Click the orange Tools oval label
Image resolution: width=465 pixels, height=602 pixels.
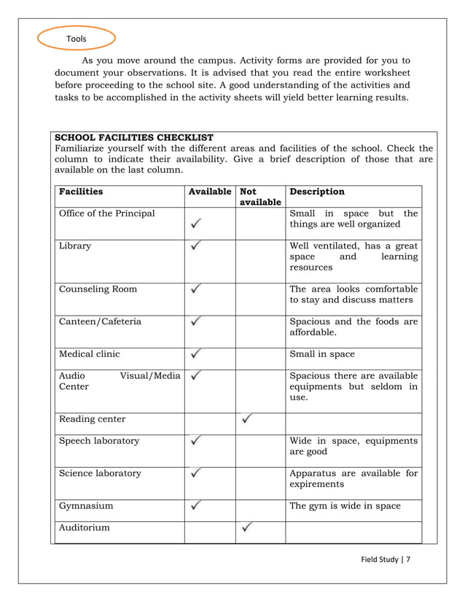[x=76, y=39]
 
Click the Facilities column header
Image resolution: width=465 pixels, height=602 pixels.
[x=81, y=192]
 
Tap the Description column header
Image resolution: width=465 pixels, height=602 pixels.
[x=317, y=192]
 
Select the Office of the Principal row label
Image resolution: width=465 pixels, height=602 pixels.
[x=107, y=213]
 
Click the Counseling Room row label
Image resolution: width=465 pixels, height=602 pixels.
[x=98, y=289]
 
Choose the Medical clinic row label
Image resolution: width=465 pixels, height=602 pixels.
[x=90, y=353]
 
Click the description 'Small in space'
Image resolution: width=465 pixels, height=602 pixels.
[x=322, y=353]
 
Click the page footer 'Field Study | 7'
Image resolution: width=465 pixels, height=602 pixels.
[x=386, y=559]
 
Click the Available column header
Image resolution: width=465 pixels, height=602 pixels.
[x=210, y=192]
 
